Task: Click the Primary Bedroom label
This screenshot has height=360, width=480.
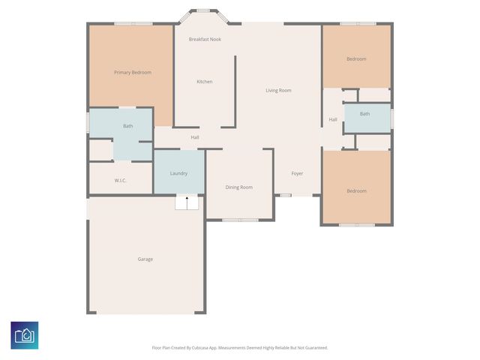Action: coord(133,73)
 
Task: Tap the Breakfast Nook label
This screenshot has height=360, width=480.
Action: coord(205,39)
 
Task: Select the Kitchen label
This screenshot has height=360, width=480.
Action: coord(205,82)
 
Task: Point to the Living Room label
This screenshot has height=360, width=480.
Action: coord(278,90)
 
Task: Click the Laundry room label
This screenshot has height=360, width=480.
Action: coord(178,173)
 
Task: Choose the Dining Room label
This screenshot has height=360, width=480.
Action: coord(239,187)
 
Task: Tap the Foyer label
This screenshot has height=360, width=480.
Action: coord(297,173)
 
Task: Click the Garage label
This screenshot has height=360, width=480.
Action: coord(145,259)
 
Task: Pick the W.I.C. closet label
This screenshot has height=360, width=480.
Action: coord(120,180)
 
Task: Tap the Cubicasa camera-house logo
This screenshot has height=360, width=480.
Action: coord(25,335)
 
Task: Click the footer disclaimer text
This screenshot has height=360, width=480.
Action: coord(240,348)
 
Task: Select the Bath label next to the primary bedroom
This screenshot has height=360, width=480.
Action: coord(128,126)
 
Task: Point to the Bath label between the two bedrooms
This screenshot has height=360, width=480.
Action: coord(364,113)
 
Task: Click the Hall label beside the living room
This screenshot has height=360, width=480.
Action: coord(333,119)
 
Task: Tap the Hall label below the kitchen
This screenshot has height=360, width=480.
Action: coord(195,137)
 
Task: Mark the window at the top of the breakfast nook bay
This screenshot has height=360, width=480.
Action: coord(202,10)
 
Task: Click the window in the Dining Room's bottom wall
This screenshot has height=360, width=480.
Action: coord(240,220)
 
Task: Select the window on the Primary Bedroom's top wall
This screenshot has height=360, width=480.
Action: coord(133,23)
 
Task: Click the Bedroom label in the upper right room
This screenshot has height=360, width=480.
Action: coord(356,58)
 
